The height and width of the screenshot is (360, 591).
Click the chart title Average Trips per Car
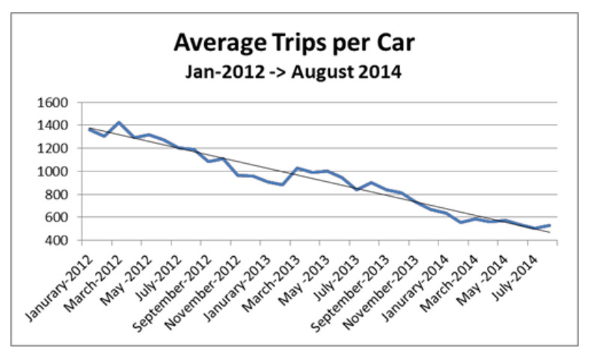click(x=294, y=43)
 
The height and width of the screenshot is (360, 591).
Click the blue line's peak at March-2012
click(x=119, y=122)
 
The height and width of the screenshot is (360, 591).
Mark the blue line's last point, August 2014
click(x=551, y=225)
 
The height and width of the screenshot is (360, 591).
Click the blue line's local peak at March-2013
click(x=297, y=168)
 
